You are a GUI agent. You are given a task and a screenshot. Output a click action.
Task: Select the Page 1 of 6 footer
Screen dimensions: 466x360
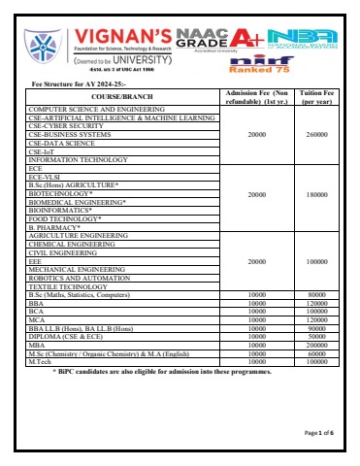tap(318, 432)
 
